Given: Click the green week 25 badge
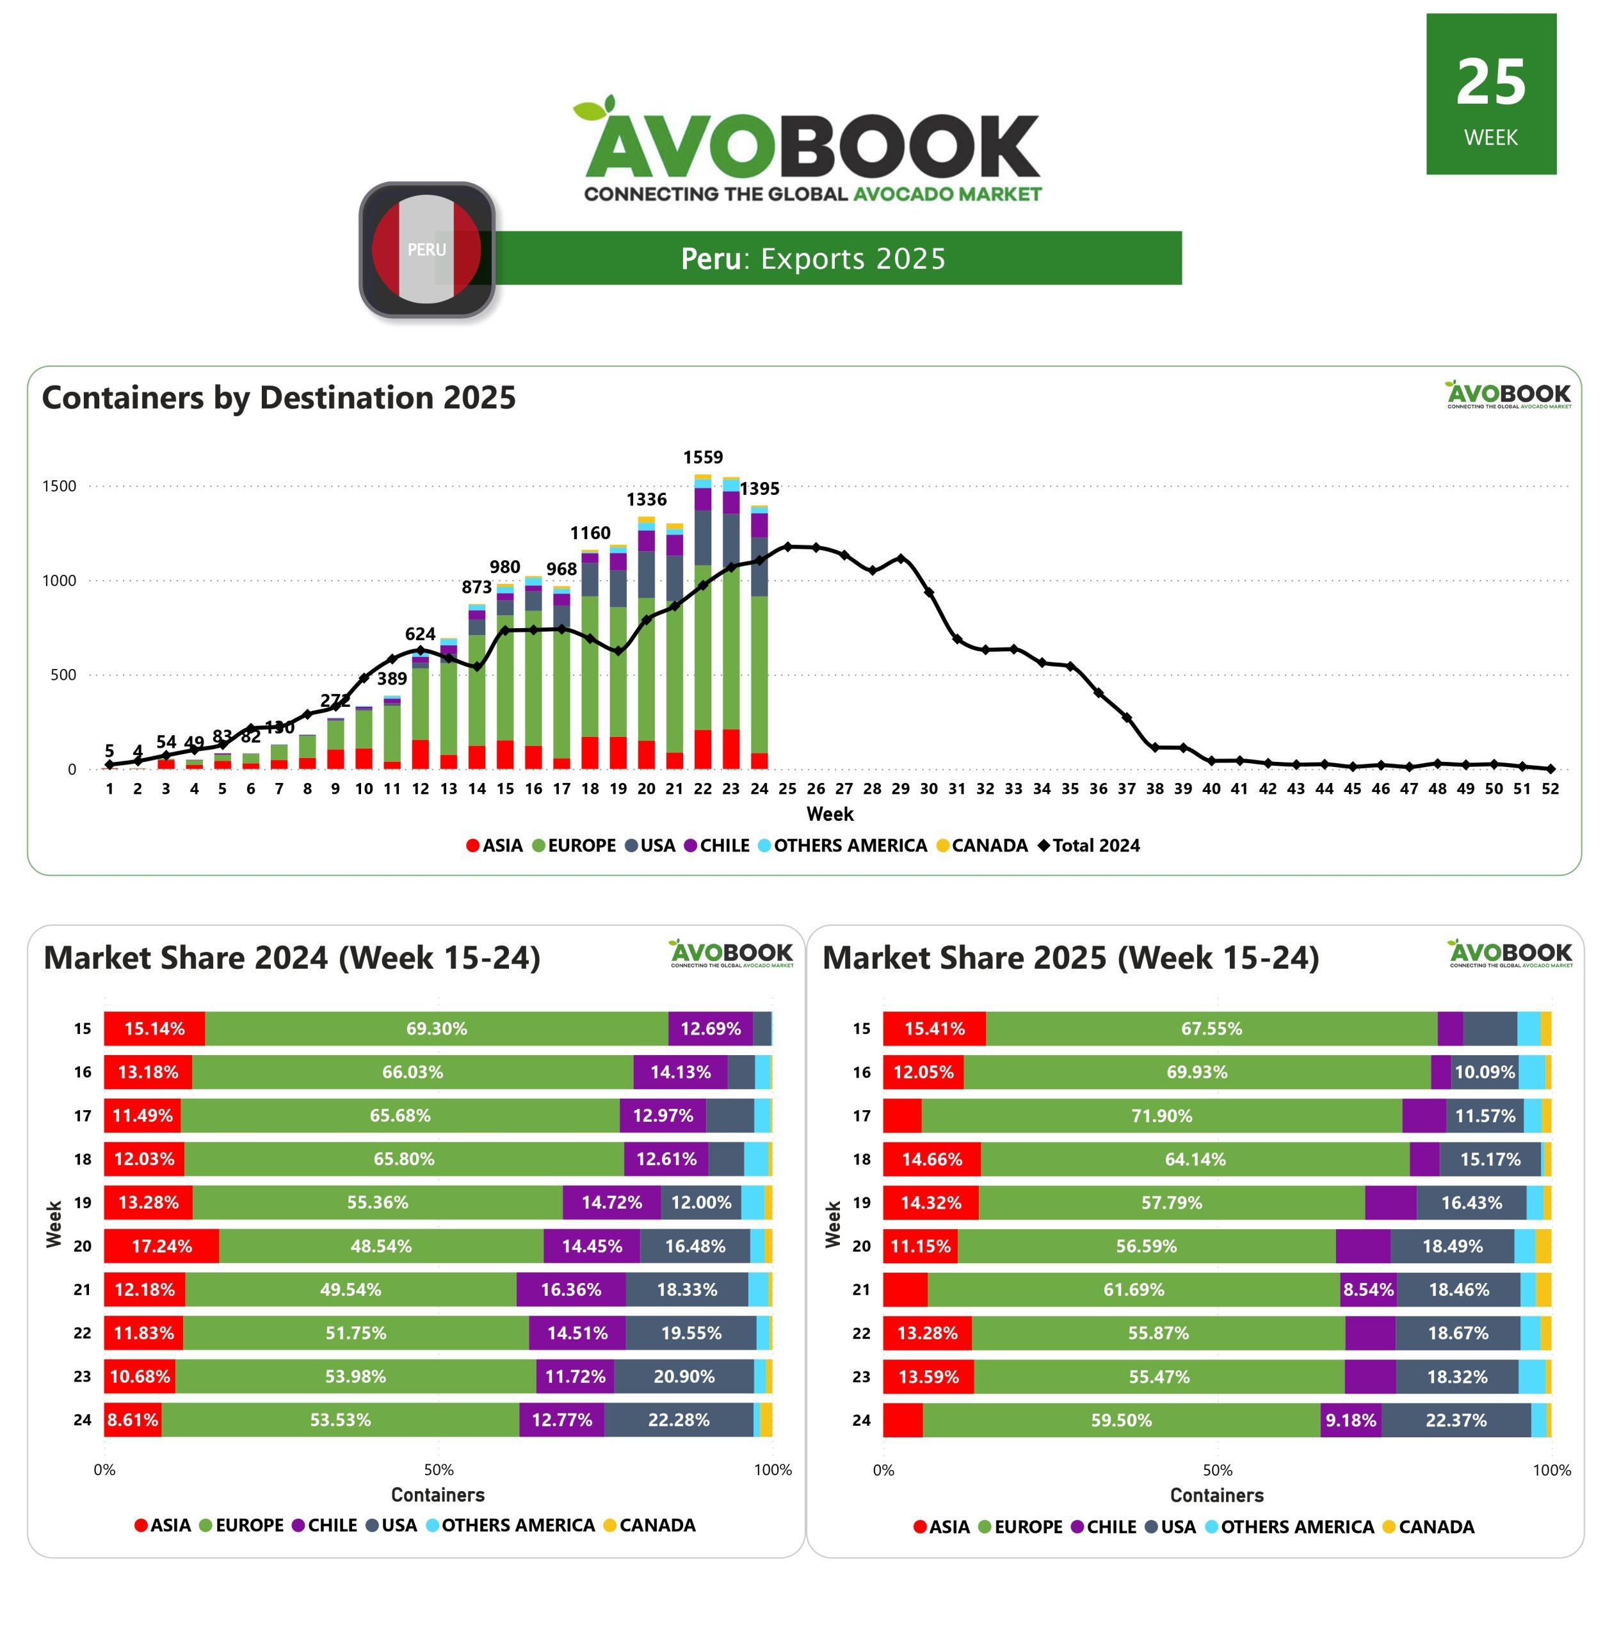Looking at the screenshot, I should tap(1490, 94).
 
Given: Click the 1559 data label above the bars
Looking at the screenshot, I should tap(703, 458).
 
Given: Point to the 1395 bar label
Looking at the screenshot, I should tap(759, 488).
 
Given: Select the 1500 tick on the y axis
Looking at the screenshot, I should tap(60, 486).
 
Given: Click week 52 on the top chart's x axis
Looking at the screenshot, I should tap(1549, 789).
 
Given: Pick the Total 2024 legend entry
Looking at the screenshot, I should tap(1089, 846).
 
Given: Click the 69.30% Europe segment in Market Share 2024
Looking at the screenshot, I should tap(436, 1029).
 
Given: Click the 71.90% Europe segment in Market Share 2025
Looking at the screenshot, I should tap(1161, 1116).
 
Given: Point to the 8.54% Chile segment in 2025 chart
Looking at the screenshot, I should tap(1367, 1289).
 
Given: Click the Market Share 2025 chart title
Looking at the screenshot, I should tap(1070, 958).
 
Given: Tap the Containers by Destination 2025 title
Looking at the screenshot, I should tap(278, 398).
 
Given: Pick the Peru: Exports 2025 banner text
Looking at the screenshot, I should tap(813, 258).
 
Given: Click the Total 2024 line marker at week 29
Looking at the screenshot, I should tap(900, 559).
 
